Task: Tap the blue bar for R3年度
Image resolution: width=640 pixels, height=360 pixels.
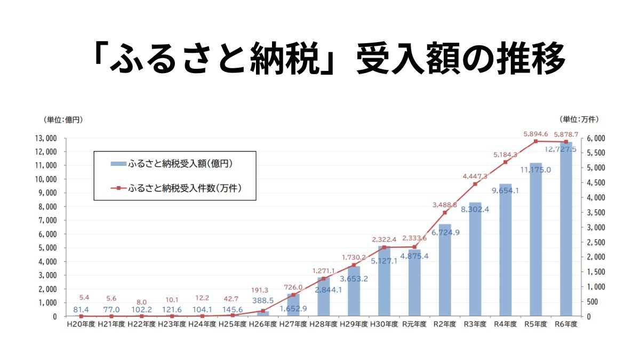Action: coord(475,261)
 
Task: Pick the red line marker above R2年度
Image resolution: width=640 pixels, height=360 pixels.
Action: coord(445,212)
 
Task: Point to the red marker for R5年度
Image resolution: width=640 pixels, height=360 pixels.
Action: coord(536,141)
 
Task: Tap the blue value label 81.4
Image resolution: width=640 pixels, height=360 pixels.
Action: coord(81,309)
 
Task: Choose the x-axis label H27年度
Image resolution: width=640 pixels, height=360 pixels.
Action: coord(293,324)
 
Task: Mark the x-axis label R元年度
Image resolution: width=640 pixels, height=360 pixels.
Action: coord(414,324)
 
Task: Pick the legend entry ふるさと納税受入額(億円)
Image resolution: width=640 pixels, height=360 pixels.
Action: coord(180,164)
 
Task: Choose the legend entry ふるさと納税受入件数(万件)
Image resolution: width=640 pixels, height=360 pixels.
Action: coord(186,188)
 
